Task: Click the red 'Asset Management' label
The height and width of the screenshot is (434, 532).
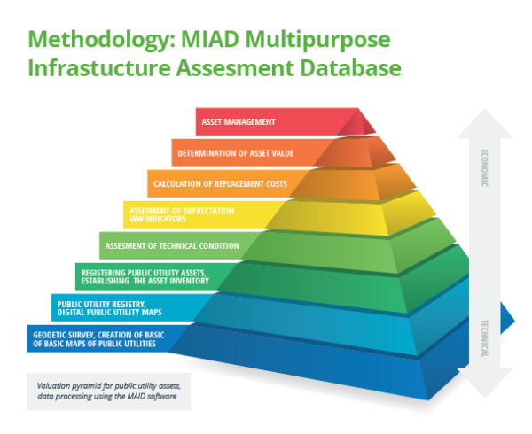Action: click(239, 122)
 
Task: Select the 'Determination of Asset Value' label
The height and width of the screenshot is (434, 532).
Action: click(236, 153)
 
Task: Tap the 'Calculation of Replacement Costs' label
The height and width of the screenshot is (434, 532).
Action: click(220, 184)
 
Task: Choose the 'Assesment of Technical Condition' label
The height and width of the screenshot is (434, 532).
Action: click(172, 245)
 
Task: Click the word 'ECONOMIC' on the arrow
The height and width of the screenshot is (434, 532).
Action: click(484, 167)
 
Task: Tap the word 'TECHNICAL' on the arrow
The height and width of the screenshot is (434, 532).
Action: click(484, 338)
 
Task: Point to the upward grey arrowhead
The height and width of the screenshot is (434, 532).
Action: click(485, 123)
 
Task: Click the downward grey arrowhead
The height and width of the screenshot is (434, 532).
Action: click(485, 383)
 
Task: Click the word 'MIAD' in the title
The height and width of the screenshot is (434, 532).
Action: click(210, 39)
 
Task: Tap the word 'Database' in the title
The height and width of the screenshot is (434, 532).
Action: click(350, 68)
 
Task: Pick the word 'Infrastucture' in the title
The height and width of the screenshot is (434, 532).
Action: click(99, 68)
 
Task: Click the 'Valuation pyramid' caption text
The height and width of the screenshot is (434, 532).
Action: click(108, 391)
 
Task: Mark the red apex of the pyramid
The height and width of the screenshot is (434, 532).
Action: click(356, 122)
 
